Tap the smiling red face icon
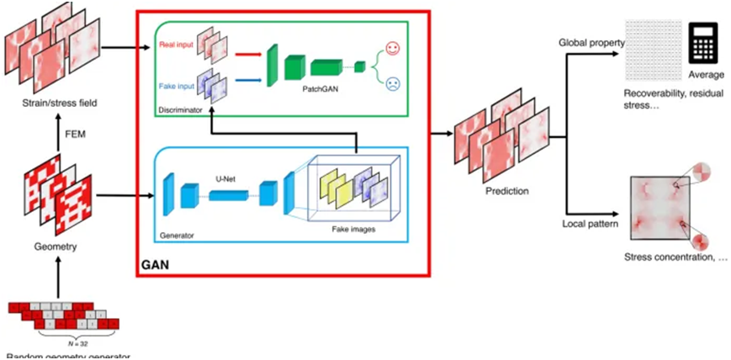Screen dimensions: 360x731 coord(393,47)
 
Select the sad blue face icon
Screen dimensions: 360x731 coord(393,82)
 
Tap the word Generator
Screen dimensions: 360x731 coord(177,236)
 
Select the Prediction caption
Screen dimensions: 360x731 coord(507,191)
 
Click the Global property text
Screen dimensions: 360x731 coord(589,42)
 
